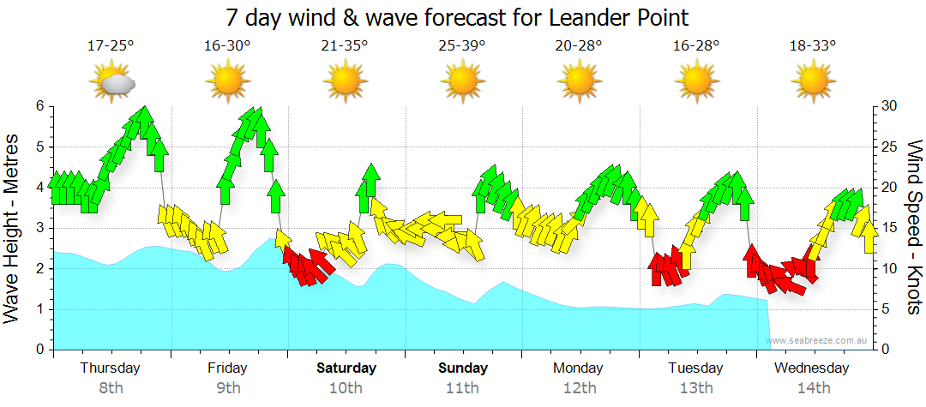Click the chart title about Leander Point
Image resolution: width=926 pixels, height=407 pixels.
click(x=457, y=17)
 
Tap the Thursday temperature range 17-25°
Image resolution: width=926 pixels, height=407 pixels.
click(x=111, y=45)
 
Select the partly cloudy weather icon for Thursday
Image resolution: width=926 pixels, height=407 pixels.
click(x=112, y=82)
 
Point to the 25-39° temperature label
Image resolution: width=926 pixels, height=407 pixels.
click(x=462, y=45)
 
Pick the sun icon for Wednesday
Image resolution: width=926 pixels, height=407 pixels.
click(x=812, y=82)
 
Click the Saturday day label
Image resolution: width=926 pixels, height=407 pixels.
click(x=346, y=368)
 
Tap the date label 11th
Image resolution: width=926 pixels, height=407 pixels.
click(x=462, y=388)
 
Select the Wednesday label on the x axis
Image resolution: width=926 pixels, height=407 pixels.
click(x=812, y=368)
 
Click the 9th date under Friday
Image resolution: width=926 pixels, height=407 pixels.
click(x=228, y=388)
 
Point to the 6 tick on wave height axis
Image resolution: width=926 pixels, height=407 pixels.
click(x=39, y=106)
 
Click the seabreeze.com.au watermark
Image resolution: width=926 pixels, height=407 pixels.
click(x=818, y=341)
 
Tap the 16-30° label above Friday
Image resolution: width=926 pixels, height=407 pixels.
click(x=228, y=45)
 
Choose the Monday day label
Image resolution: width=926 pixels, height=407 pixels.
click(x=578, y=368)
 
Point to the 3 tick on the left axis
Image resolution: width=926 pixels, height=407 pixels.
click(x=39, y=228)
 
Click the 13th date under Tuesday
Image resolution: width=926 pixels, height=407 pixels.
click(x=696, y=388)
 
